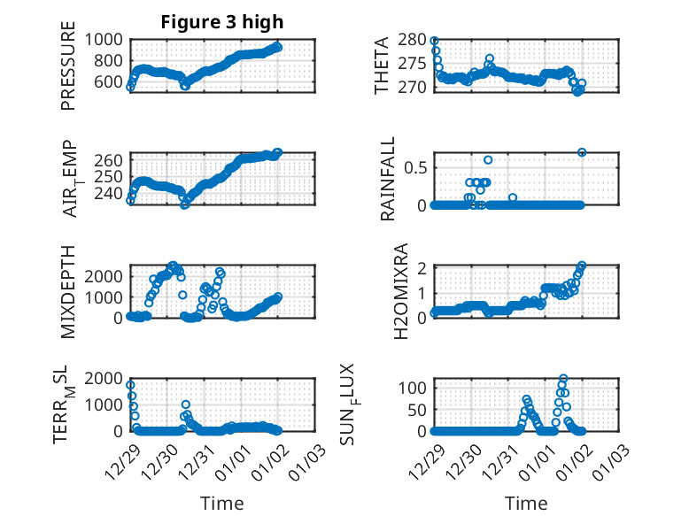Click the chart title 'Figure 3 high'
point(221,22)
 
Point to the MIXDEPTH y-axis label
point(68,291)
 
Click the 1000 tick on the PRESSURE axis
point(105,39)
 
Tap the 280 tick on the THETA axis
point(414,40)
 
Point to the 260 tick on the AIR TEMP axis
point(110,161)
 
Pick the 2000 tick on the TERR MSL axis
point(105,379)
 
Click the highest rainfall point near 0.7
point(582,152)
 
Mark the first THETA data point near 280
point(434,41)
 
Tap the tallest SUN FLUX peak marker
point(563,378)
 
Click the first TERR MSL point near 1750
point(131,385)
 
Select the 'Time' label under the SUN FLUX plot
point(526,503)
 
